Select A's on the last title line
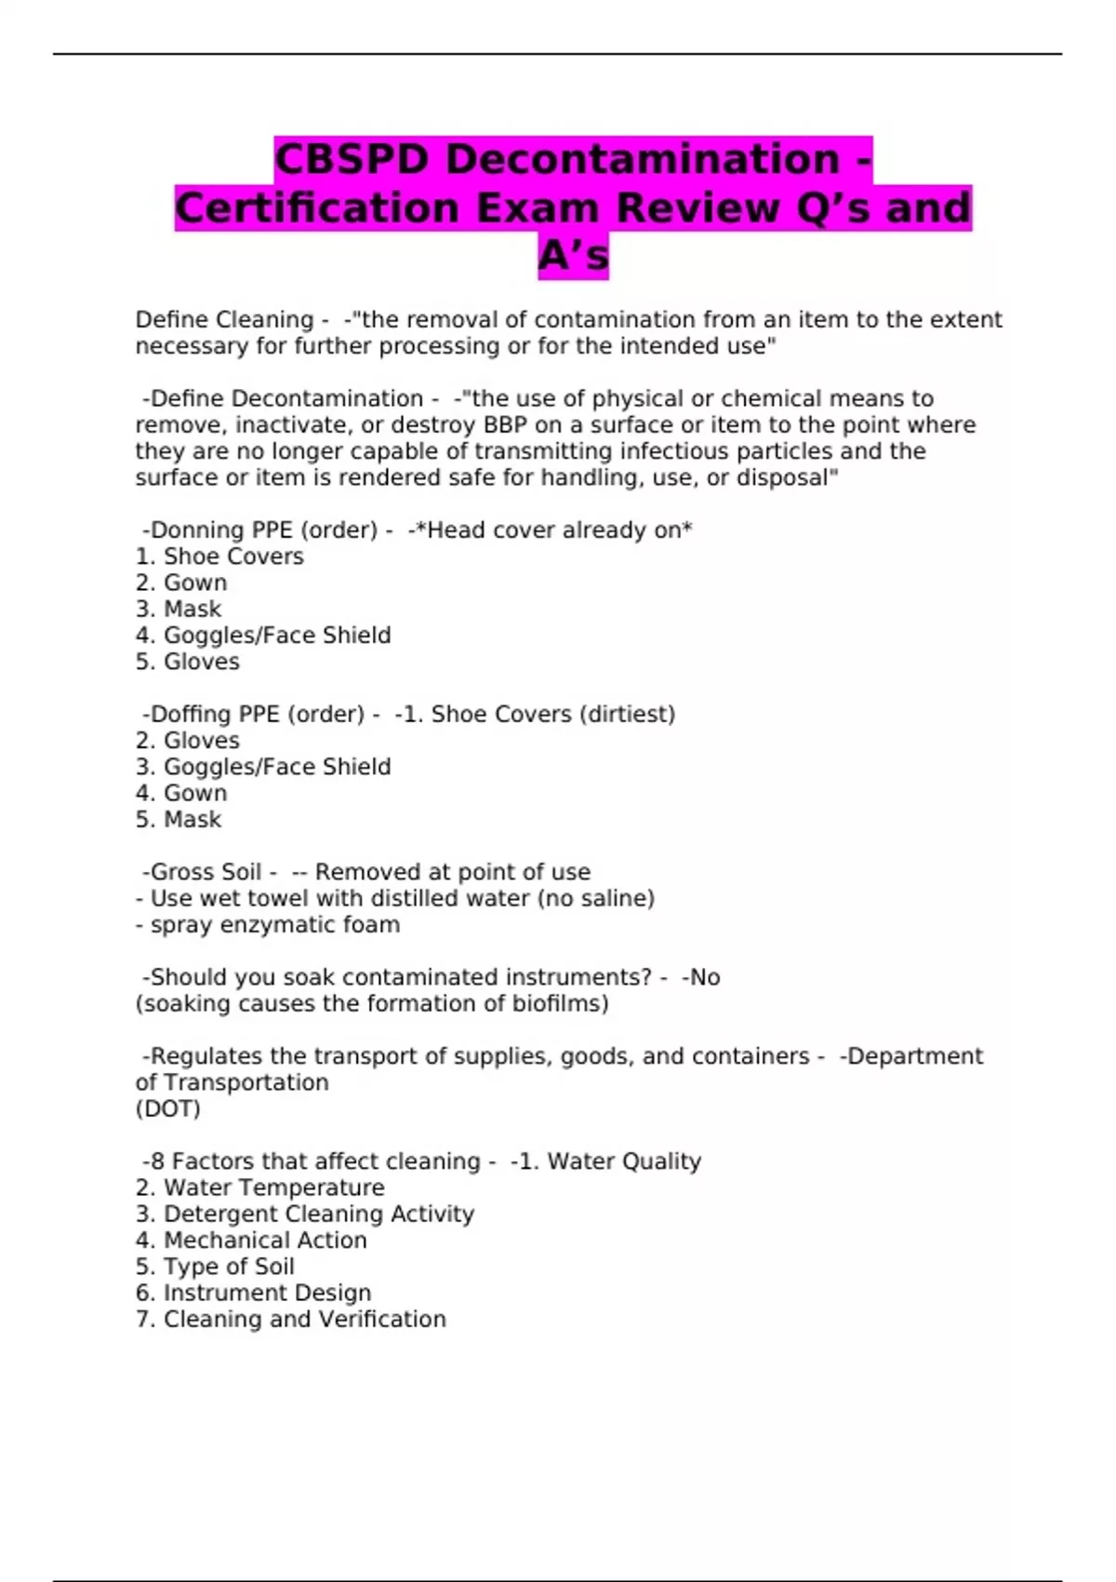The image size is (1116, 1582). (x=573, y=256)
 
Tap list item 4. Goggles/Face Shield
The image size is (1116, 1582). (x=263, y=636)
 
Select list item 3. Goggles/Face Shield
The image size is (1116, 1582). (x=263, y=767)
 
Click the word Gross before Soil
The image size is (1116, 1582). (x=182, y=873)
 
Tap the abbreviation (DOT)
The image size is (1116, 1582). (x=167, y=1109)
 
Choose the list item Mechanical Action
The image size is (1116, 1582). (x=251, y=1240)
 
